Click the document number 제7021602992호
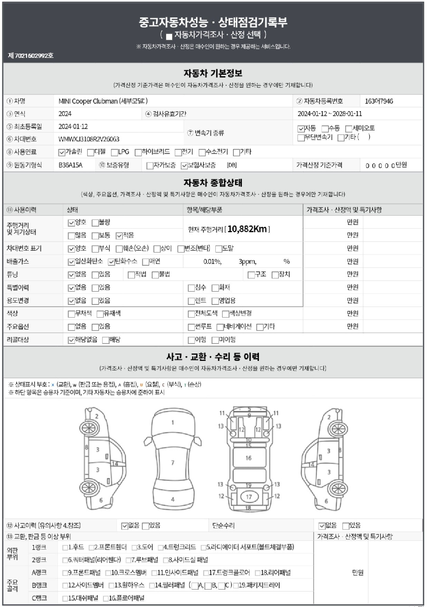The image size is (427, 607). coord(31,56)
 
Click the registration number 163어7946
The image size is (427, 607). coord(379,101)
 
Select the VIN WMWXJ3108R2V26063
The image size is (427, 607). coord(89,139)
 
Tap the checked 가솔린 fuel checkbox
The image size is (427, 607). coord(62,152)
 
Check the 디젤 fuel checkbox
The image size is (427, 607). coord(90,152)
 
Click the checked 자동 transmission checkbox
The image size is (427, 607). coord(301,129)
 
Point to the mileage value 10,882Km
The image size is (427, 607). coord(247,229)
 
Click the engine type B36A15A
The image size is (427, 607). coord(70,165)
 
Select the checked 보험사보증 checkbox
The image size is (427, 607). coord(184,166)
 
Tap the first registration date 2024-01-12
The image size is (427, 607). coord(73,126)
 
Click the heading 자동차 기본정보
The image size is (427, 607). coord(213,73)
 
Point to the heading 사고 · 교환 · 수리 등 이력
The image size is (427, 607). coord(213,356)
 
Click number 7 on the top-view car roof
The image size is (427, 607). coord(173,462)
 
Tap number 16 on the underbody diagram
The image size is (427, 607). coord(248,458)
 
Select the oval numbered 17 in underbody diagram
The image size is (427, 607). coord(249,497)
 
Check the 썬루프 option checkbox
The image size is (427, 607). coord(191,327)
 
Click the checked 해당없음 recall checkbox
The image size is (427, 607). coord(71,340)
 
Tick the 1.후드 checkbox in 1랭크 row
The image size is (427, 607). coord(65,547)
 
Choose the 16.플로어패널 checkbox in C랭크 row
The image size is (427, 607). coord(106,598)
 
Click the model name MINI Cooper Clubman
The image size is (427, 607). coord(88,101)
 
